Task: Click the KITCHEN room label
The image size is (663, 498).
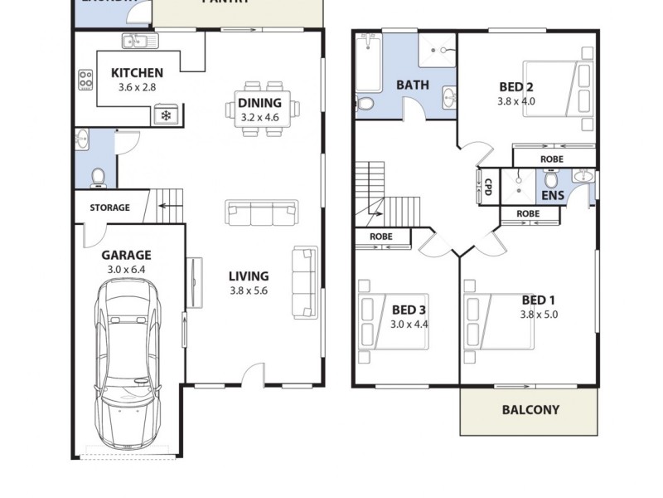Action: click(137, 73)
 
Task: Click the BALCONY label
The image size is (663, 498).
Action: click(530, 410)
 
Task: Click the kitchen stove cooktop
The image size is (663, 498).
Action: click(85, 80)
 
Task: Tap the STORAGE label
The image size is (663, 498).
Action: click(109, 207)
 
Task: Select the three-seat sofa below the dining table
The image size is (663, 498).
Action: click(261, 212)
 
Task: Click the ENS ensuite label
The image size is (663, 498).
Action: click(552, 197)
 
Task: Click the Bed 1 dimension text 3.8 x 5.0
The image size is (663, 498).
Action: click(539, 315)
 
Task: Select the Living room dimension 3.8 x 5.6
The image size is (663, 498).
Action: click(249, 290)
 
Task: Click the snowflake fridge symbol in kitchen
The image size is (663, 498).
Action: click(166, 115)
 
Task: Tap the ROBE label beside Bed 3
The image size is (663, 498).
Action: click(381, 237)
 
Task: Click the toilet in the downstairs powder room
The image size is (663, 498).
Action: click(98, 176)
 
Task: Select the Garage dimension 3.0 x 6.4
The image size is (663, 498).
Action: click(127, 270)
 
